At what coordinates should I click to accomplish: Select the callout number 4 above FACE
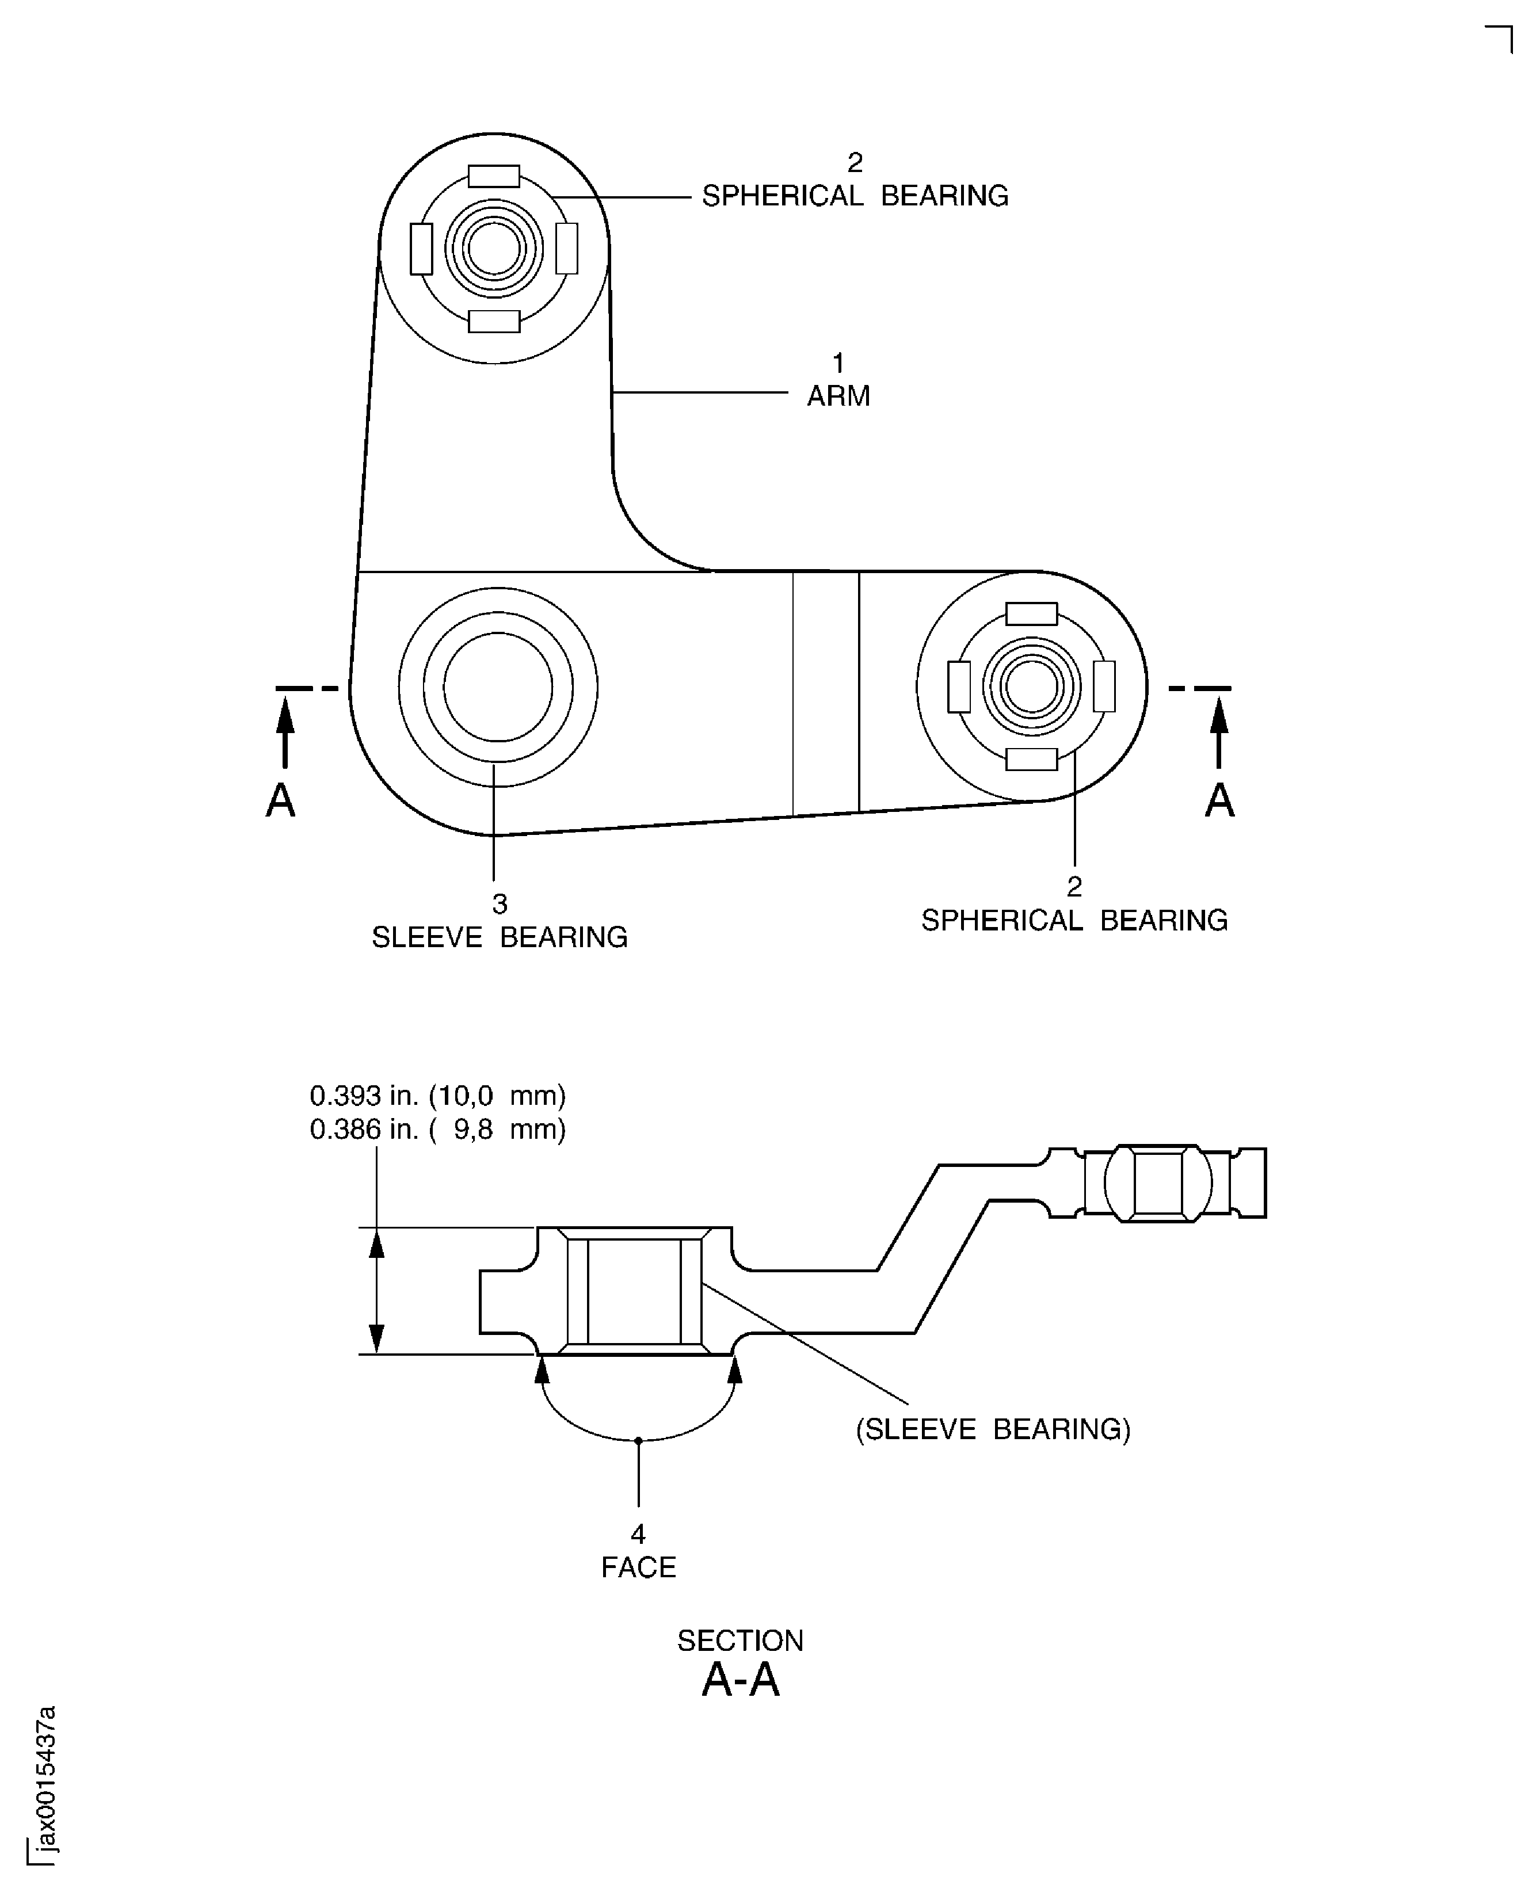[638, 1534]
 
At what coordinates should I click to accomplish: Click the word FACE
[638, 1567]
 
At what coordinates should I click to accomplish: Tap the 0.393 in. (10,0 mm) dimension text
[437, 1096]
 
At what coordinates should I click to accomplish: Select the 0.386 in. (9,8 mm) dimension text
[437, 1129]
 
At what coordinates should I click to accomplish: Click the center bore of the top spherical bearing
[494, 249]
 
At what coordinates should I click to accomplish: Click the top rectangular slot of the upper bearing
[494, 176]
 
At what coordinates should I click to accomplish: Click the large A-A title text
[740, 1679]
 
